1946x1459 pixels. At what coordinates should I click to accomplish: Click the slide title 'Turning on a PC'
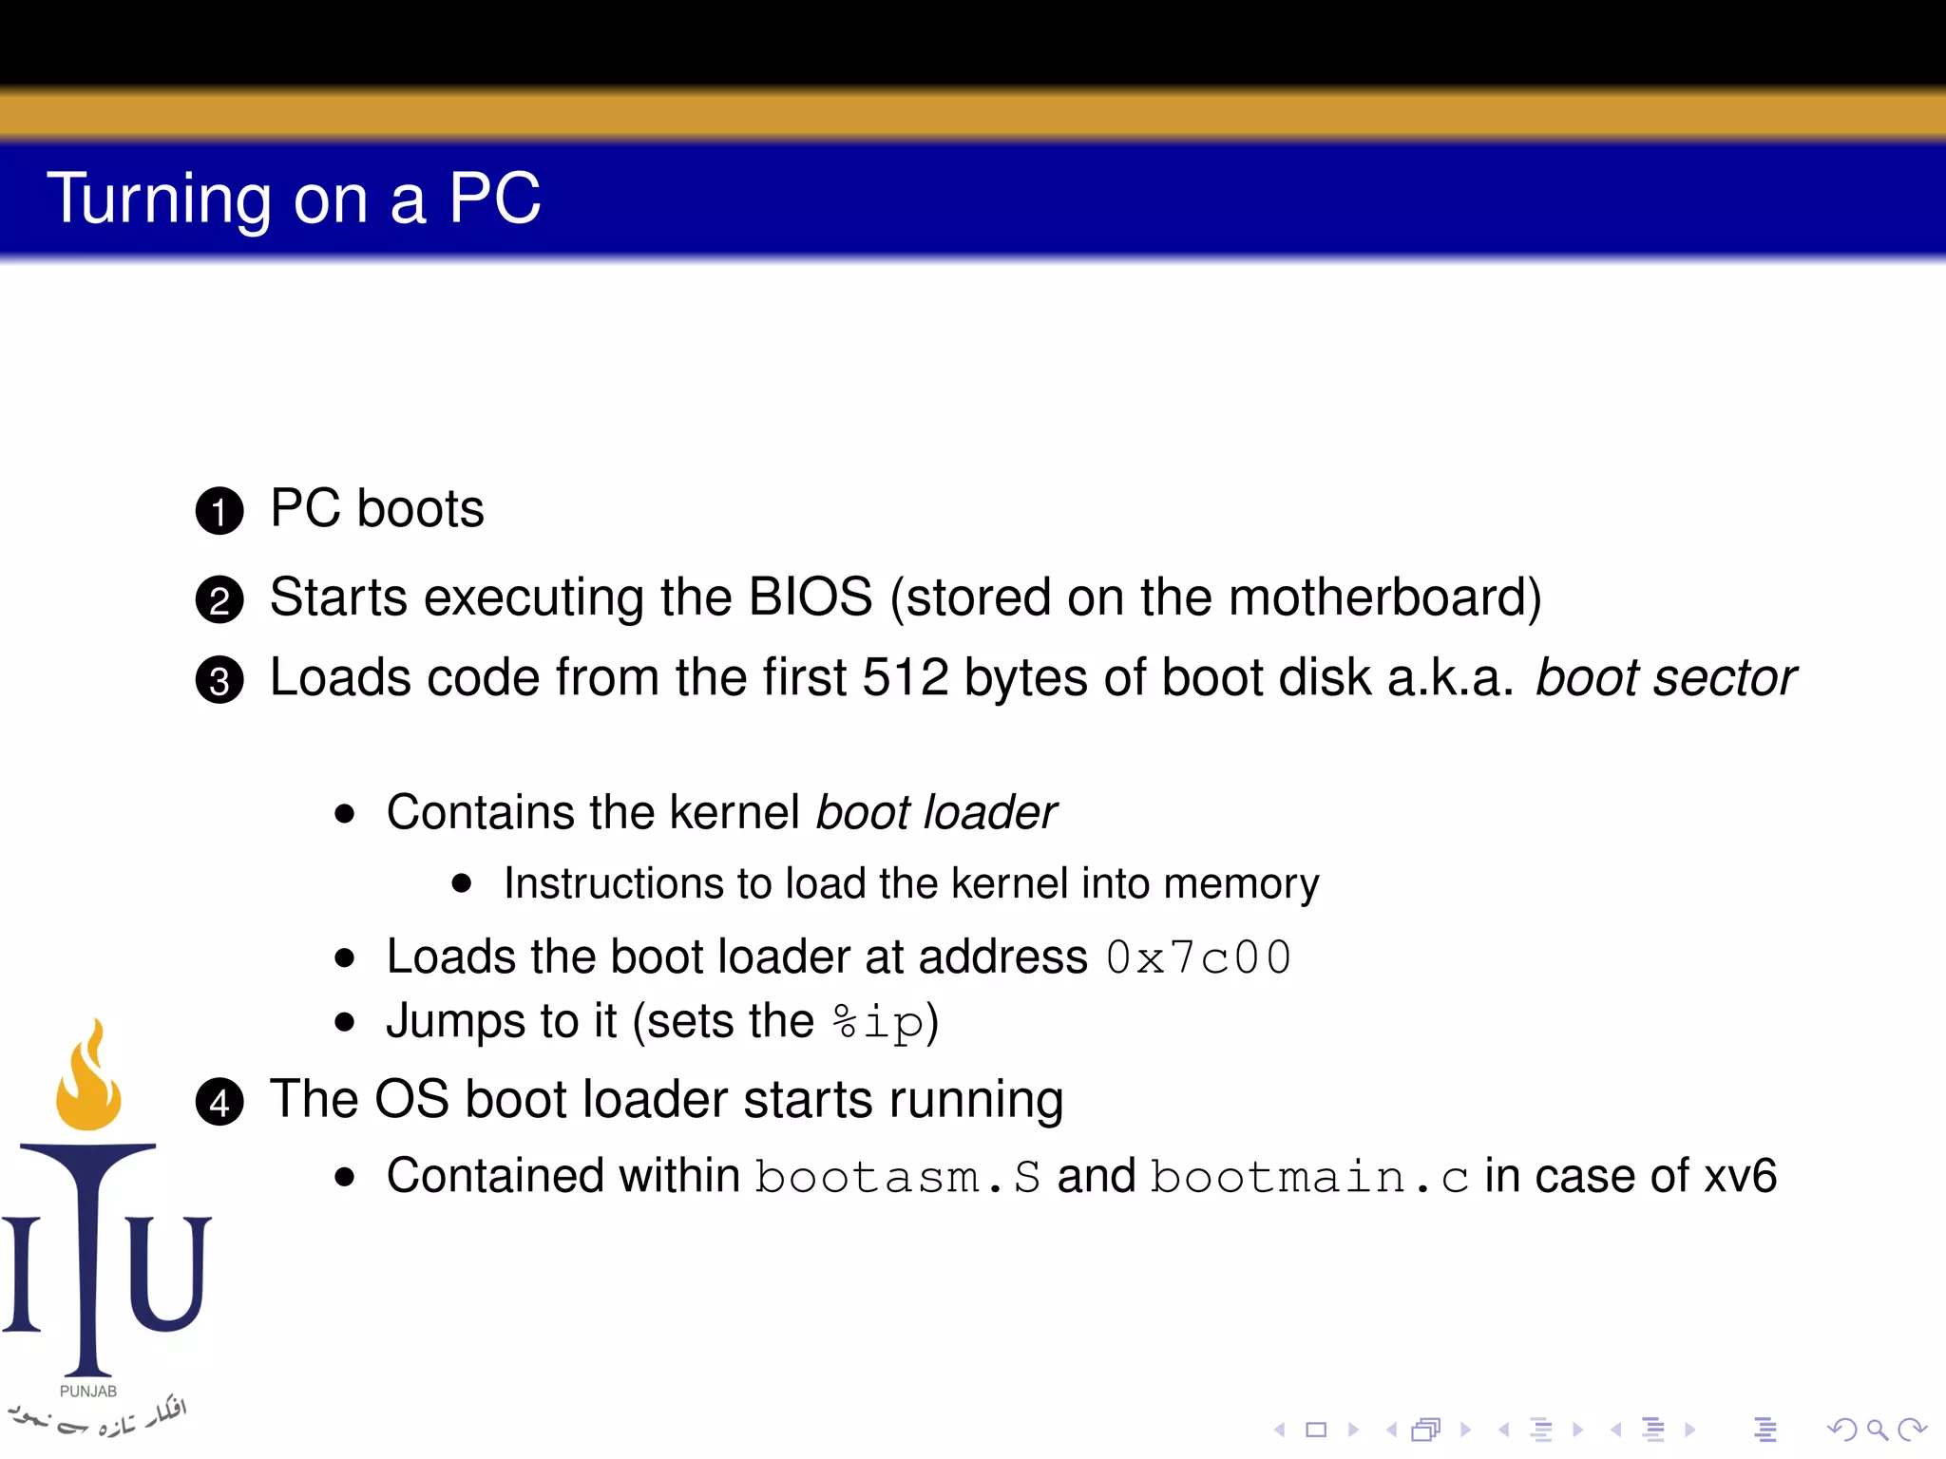(294, 199)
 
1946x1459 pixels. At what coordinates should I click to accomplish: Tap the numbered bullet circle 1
(219, 511)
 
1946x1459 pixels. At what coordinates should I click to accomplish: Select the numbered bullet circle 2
(219, 600)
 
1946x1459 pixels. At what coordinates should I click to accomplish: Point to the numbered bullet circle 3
(219, 680)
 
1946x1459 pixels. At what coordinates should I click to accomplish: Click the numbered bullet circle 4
(219, 1102)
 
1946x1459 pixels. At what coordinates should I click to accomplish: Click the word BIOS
(810, 597)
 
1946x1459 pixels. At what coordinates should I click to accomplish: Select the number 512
(905, 678)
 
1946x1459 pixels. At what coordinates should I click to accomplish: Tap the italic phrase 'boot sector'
(1666, 678)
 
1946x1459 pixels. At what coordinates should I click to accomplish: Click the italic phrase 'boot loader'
(936, 813)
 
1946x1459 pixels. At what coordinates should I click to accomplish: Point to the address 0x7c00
(1199, 957)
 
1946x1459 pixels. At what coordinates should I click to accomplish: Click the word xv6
(1740, 1176)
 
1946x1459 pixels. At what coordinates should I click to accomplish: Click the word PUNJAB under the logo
(88, 1392)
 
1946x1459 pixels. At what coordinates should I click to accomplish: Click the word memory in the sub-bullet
(1241, 884)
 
